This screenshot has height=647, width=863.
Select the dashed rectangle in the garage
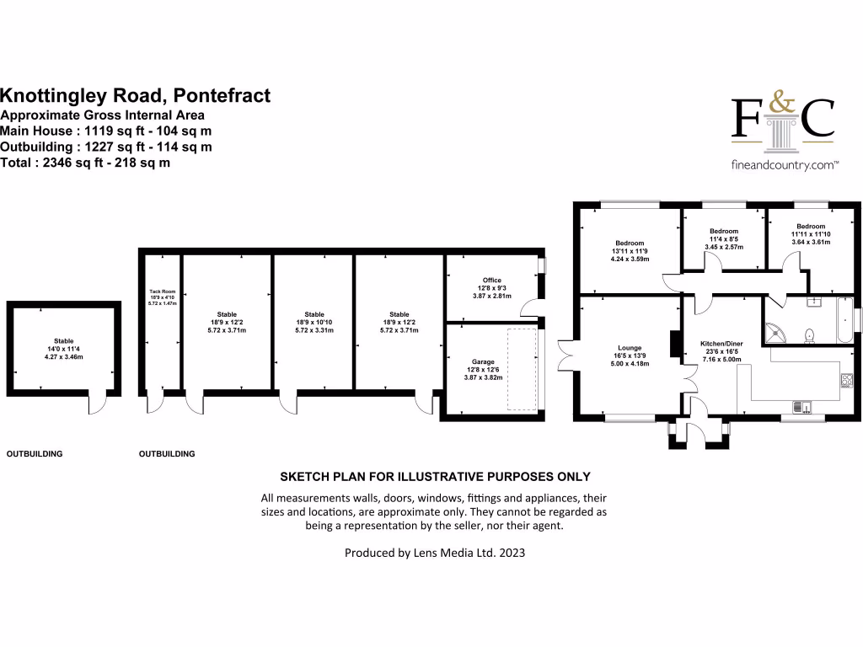coord(523,369)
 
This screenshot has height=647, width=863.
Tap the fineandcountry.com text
coord(783,166)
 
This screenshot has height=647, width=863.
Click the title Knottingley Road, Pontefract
coord(136,96)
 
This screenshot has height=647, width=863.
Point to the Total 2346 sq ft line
coord(85,163)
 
